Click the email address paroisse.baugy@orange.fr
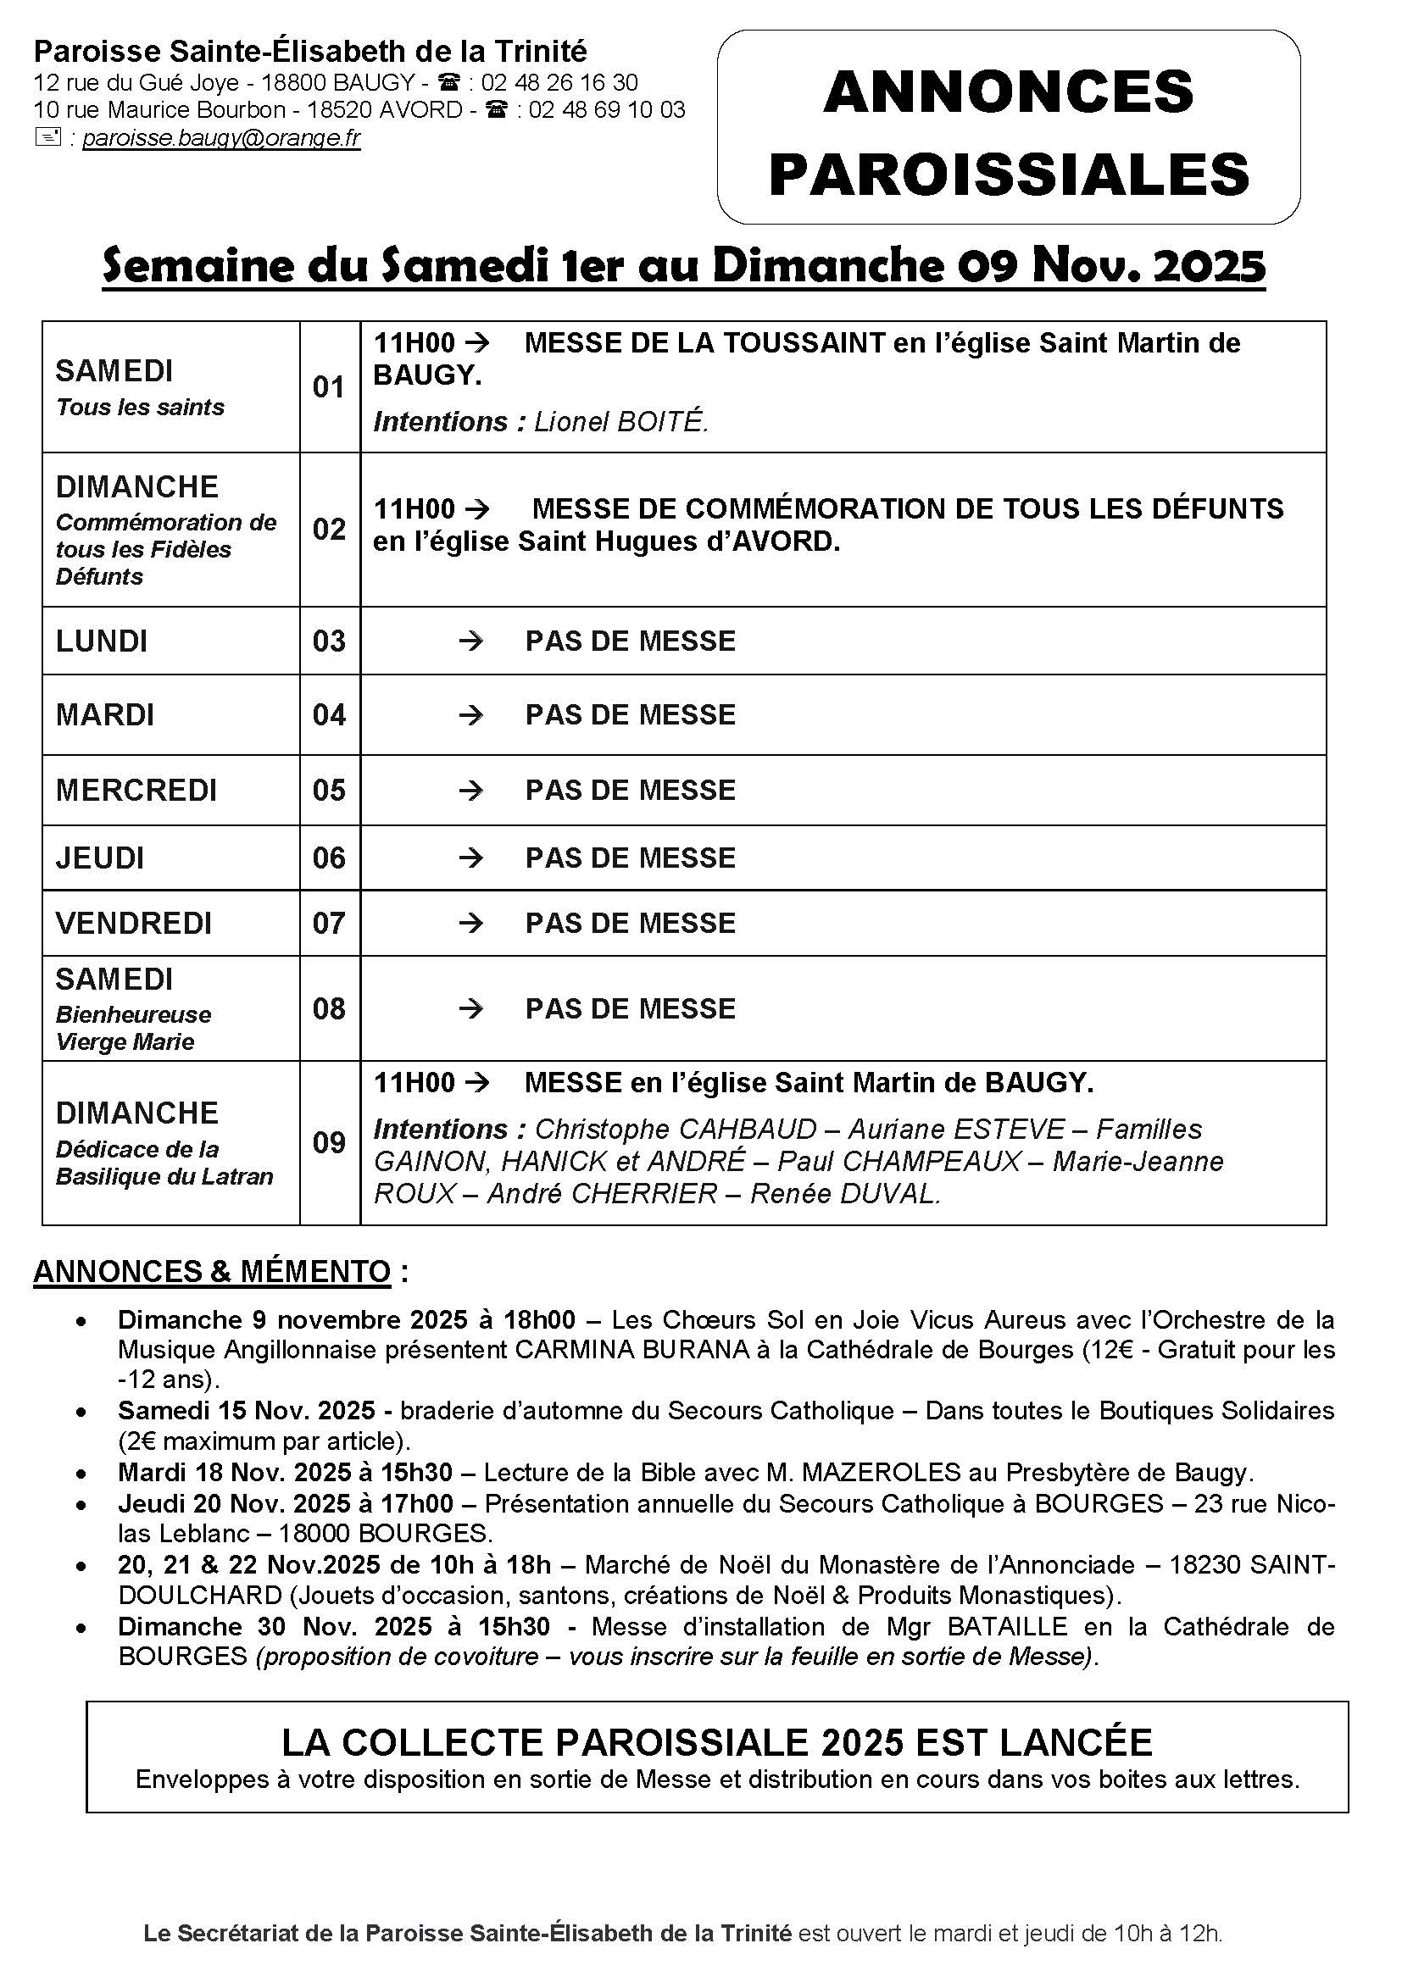tap(221, 138)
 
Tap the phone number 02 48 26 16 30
tap(559, 83)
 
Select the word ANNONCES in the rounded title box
tap(1009, 92)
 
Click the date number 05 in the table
tap(329, 791)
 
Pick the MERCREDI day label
tap(136, 791)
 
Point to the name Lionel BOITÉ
tap(620, 422)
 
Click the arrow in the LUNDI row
tap(470, 641)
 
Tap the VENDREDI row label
tap(134, 924)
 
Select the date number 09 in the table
tap(329, 1143)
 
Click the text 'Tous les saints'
tap(140, 408)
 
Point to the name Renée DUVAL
tap(844, 1194)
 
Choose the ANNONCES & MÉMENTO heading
tap(213, 1272)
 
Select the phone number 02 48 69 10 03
tap(607, 110)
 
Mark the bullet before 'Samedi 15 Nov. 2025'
tap(81, 1413)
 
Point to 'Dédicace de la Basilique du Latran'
tap(164, 1163)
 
